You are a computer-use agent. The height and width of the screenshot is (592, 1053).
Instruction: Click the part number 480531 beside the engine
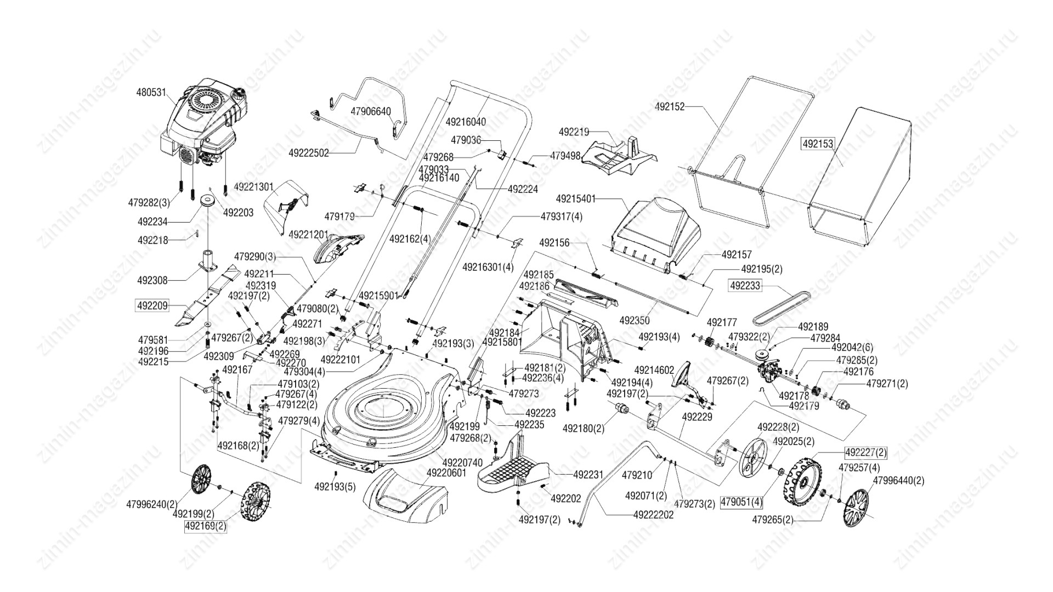click(x=151, y=93)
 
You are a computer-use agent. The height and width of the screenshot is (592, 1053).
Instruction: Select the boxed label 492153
click(x=817, y=144)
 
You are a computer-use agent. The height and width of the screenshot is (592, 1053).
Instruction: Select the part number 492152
click(x=670, y=107)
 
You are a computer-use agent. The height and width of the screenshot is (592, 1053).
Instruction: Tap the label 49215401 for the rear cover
click(x=576, y=198)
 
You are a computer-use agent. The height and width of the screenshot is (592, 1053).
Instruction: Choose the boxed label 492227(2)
click(x=865, y=453)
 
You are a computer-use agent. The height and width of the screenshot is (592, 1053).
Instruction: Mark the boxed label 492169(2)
click(x=205, y=527)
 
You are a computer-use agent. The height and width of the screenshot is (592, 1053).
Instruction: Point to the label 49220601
click(x=446, y=473)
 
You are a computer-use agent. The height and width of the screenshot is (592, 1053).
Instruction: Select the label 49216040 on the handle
click(x=466, y=122)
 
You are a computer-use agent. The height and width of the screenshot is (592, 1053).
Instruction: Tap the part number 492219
click(x=574, y=132)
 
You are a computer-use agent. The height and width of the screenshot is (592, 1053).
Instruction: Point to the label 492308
click(x=152, y=280)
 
